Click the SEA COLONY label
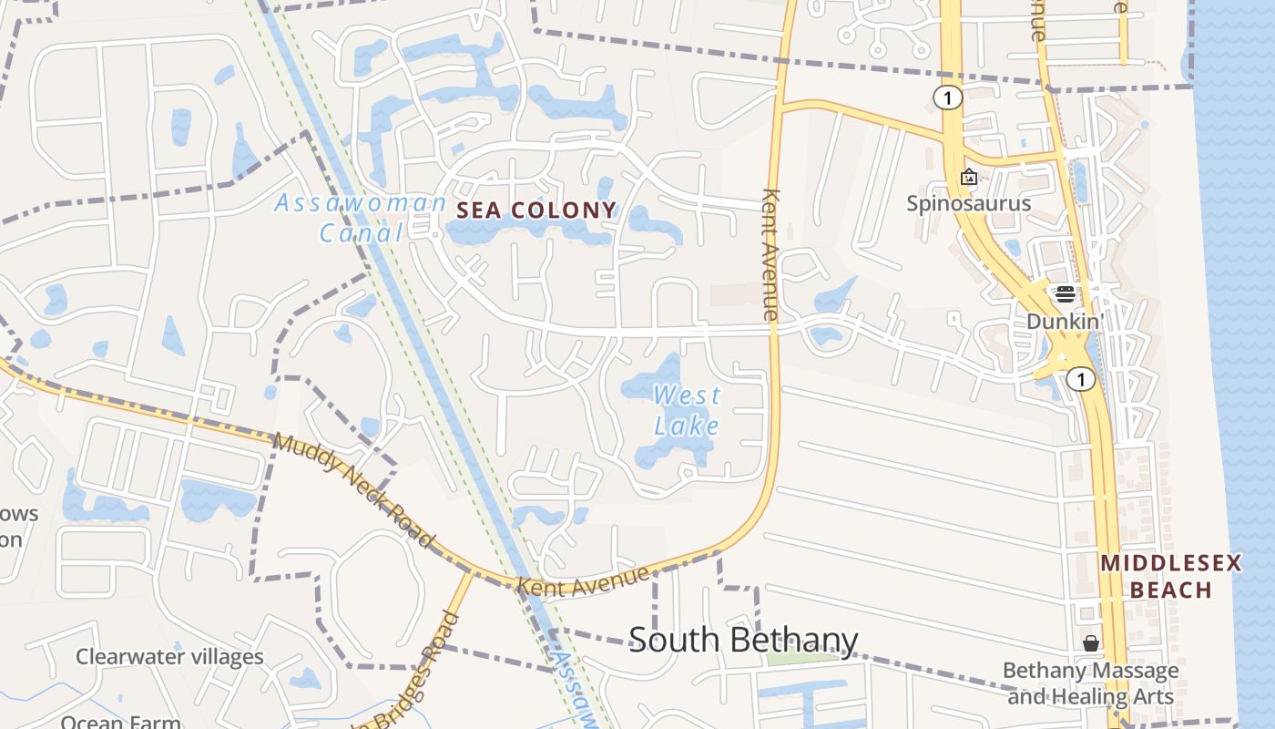535,210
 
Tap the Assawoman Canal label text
361,217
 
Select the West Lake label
687,410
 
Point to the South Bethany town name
743,640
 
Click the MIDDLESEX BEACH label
1171,576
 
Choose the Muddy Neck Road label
353,490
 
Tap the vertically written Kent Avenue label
771,254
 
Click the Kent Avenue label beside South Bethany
585,580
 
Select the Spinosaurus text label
968,202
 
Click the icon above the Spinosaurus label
969,177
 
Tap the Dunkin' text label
1065,321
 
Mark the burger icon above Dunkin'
1065,294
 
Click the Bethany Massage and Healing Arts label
1090,683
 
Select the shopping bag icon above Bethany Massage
1090,644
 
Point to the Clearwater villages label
169,656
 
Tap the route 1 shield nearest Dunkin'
1080,378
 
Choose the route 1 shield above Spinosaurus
948,98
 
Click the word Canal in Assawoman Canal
361,232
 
